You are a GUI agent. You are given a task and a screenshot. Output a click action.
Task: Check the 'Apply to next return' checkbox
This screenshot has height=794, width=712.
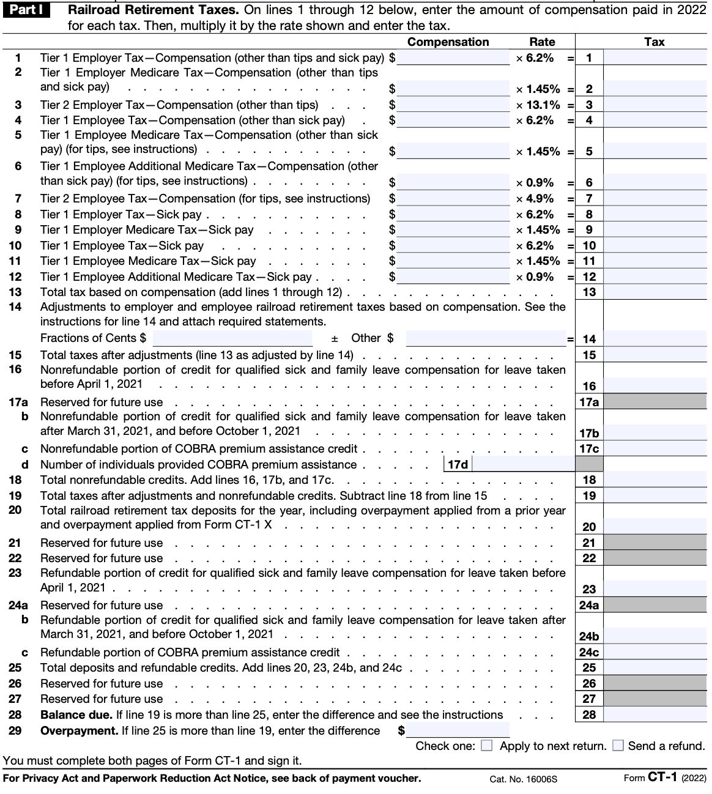(486, 746)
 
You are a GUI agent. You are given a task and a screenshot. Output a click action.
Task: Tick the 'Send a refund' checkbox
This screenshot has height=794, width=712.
(618, 746)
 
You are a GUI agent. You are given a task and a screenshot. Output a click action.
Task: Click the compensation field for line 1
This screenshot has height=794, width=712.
(453, 58)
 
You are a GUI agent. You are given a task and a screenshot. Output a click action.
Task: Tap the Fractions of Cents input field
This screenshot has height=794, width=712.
(232, 338)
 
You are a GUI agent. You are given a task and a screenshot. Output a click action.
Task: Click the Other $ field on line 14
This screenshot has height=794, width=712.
(486, 338)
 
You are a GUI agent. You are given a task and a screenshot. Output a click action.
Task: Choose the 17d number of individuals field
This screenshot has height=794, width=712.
(523, 464)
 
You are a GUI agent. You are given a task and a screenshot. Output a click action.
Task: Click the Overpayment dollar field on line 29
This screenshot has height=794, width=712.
(458, 730)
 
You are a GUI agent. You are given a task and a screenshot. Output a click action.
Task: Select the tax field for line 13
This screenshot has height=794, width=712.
(655, 292)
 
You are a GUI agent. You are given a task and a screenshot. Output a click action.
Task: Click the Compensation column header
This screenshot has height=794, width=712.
(448, 42)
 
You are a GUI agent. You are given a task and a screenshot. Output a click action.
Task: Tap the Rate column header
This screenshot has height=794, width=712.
(542, 42)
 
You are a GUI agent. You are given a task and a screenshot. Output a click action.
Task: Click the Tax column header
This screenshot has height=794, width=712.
(654, 42)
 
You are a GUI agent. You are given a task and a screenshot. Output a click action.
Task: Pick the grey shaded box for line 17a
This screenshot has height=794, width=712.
(655, 402)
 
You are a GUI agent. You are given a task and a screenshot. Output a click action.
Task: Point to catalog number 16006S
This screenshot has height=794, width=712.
(523, 779)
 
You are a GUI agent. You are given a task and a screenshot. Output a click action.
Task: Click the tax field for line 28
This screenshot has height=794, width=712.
(655, 714)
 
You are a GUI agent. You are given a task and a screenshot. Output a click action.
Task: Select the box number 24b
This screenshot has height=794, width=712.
(589, 636)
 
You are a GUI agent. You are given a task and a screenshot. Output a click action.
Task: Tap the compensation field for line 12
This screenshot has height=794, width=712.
(453, 276)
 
